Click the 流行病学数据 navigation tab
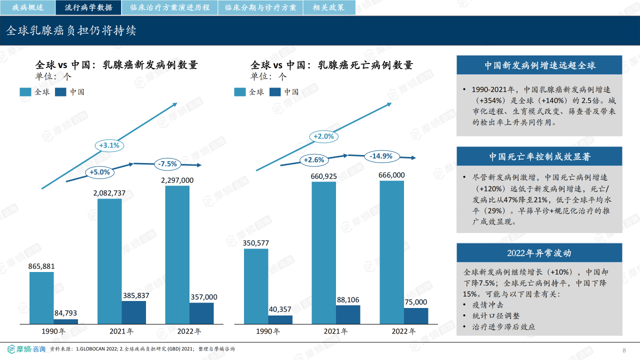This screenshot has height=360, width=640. [x=88, y=7]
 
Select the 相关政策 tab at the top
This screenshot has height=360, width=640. [x=329, y=7]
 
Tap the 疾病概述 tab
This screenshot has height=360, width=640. [x=27, y=7]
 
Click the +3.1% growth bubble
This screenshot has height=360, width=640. [x=109, y=145]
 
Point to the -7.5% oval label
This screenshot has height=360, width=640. [x=167, y=164]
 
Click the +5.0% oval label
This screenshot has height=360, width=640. [x=99, y=172]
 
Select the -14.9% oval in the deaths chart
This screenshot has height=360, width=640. [x=381, y=156]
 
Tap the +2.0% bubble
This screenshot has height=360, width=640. [x=323, y=136]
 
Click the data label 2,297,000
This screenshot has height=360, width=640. [x=177, y=180]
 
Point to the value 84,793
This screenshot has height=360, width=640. [x=65, y=313]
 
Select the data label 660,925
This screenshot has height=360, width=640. [x=323, y=176]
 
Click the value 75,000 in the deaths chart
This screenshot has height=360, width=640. [x=415, y=302]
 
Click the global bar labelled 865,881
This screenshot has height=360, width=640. [x=41, y=298]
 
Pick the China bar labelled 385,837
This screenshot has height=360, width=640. [x=133, y=312]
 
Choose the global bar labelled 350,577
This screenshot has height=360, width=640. [x=256, y=286]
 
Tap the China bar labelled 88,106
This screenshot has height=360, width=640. [x=348, y=314]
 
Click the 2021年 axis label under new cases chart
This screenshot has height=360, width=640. [x=121, y=331]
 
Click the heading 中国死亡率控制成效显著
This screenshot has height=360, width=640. [x=539, y=156]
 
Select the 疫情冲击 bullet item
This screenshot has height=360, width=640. [x=487, y=305]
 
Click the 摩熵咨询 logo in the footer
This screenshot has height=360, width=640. [x=26, y=349]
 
